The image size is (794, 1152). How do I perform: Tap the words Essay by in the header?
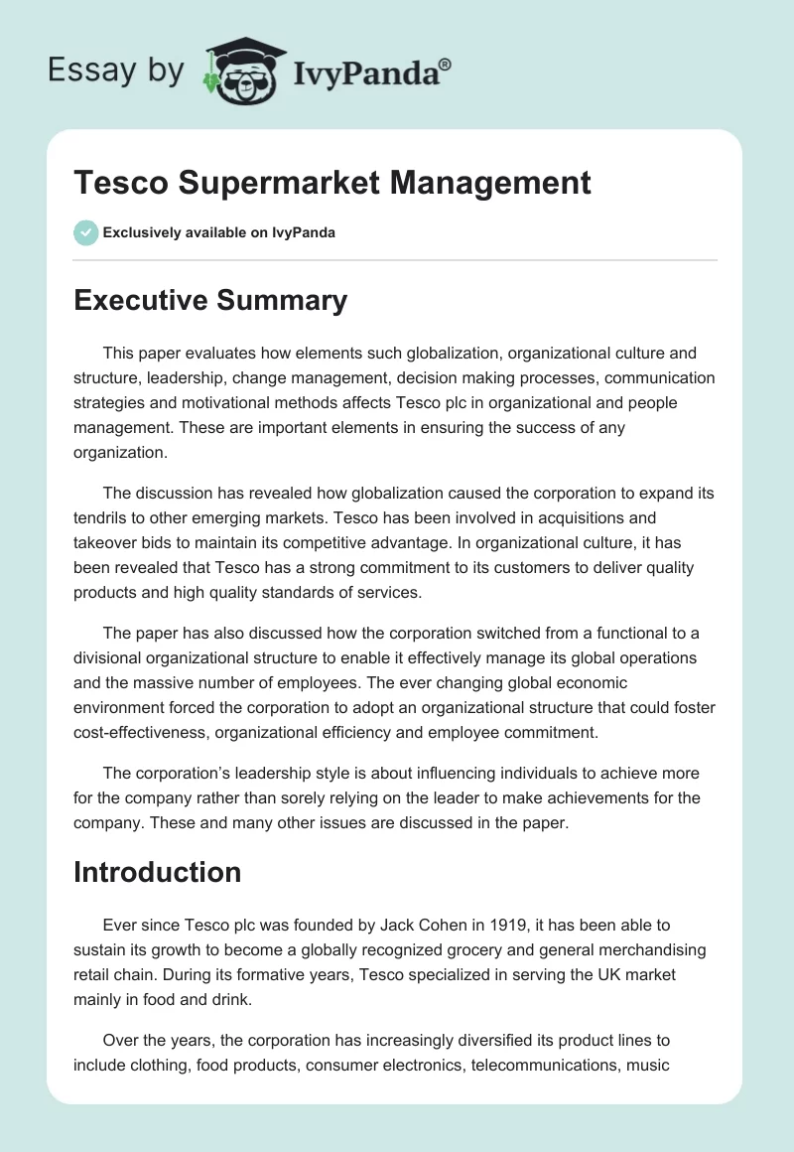(116, 70)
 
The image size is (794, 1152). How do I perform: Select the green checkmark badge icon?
(85, 232)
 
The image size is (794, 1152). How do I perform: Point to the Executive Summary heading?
(210, 300)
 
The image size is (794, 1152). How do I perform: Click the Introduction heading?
(158, 872)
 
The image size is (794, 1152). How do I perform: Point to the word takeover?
(103, 542)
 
